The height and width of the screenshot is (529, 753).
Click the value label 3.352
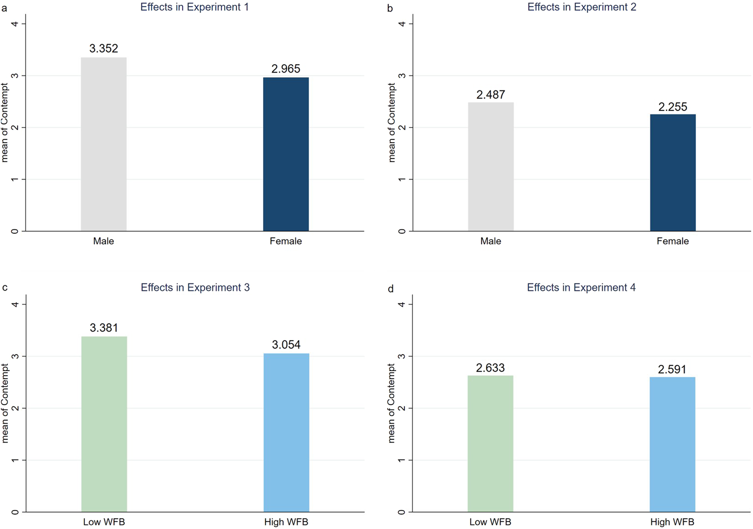pyautogui.click(x=104, y=48)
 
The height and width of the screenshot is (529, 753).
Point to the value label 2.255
pyautogui.click(x=672, y=107)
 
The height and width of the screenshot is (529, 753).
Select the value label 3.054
pyautogui.click(x=286, y=345)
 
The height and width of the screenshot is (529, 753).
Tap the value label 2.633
pyautogui.click(x=490, y=367)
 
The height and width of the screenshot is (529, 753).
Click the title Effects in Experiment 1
pyautogui.click(x=194, y=7)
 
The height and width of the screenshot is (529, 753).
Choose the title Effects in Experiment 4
pyautogui.click(x=581, y=288)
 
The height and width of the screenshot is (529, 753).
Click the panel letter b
pyautogui.click(x=390, y=8)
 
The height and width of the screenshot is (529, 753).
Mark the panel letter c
pyautogui.click(x=5, y=288)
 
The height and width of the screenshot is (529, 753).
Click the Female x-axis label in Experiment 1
pyautogui.click(x=286, y=241)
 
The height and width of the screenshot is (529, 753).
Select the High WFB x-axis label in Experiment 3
pyautogui.click(x=286, y=522)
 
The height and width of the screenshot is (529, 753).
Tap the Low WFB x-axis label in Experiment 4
pyautogui.click(x=490, y=522)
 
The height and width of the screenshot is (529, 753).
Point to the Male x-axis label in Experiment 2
pyautogui.click(x=491, y=241)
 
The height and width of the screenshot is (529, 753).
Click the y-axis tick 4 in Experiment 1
pyautogui.click(x=15, y=24)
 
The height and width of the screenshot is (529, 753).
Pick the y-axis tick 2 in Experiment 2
pyautogui.click(x=402, y=127)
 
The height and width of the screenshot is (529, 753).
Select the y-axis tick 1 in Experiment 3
pyautogui.click(x=15, y=460)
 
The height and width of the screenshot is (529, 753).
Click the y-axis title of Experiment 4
pyautogui.click(x=391, y=403)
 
